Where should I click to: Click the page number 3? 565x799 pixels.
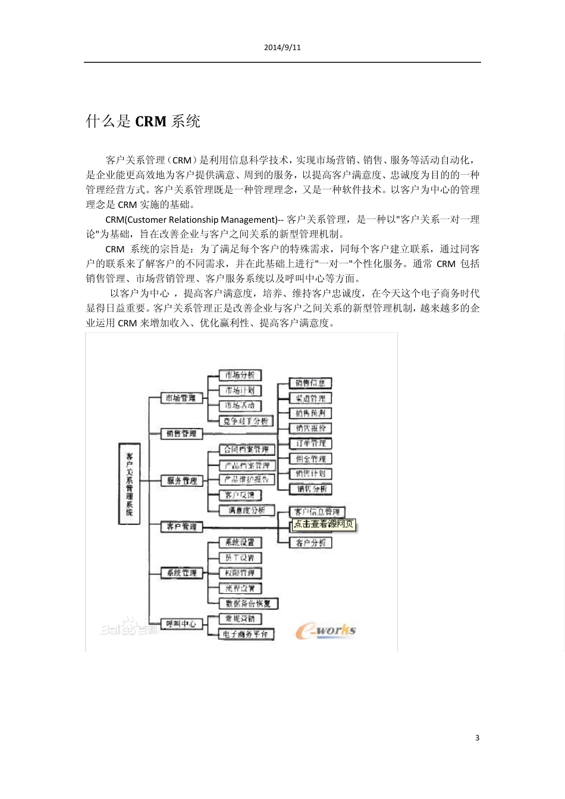pos(477,738)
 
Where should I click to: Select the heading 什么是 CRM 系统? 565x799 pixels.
pos(143,122)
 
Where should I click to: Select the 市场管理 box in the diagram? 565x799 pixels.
pos(181,398)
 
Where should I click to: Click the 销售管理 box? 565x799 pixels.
pos(181,433)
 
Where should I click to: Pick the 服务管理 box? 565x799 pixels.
pos(181,480)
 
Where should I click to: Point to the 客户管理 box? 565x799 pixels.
pos(181,526)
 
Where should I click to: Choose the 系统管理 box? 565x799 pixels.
pos(181,572)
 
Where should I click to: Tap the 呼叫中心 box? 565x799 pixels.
pos(181,624)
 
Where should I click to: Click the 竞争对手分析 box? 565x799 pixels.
pos(246,421)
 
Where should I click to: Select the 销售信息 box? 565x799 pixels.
pos(310,383)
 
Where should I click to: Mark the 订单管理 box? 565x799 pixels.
pos(310,443)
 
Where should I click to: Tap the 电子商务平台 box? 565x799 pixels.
pos(246,634)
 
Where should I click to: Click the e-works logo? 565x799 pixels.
pos(325,631)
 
